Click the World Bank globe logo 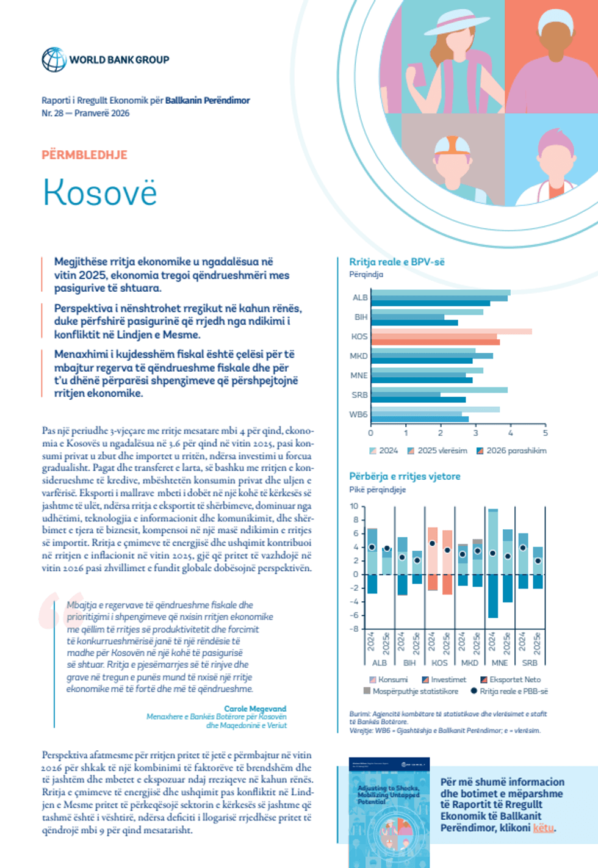54,60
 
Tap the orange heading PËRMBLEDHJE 84,155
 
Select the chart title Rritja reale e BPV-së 397,262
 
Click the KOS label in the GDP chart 359,336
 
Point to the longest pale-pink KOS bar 452,331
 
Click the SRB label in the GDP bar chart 359,395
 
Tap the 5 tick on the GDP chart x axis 546,433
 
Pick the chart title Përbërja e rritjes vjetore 405,476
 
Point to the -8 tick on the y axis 354,629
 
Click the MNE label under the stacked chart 499,662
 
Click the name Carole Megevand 255,709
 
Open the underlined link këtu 543,828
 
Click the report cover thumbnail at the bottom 389,812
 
